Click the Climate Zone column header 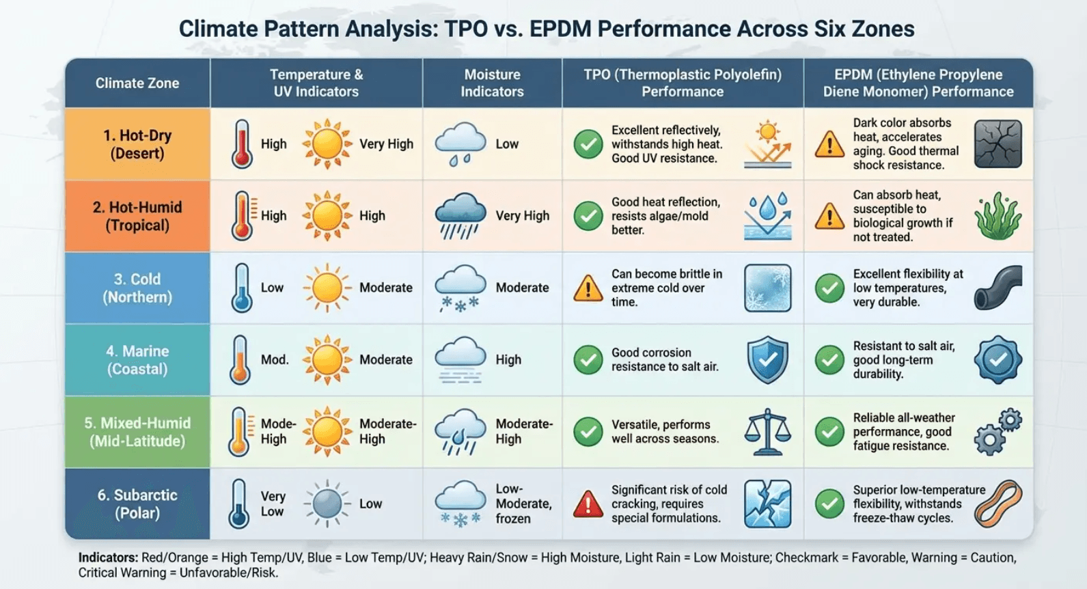point(137,83)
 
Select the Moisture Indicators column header point(492,83)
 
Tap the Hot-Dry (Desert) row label point(137,144)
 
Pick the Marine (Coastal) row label point(137,360)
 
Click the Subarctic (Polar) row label point(137,504)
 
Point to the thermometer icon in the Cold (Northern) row point(240,288)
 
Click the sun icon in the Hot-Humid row point(327,216)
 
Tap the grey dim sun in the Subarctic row point(327,504)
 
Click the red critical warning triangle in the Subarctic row point(588,504)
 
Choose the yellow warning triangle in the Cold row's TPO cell point(588,288)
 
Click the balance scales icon point(767,432)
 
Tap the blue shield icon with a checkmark point(767,359)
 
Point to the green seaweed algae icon point(997,216)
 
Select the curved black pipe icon point(997,288)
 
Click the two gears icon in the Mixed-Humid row point(997,432)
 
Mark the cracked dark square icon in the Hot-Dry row point(997,144)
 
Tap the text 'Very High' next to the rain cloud point(522,216)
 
